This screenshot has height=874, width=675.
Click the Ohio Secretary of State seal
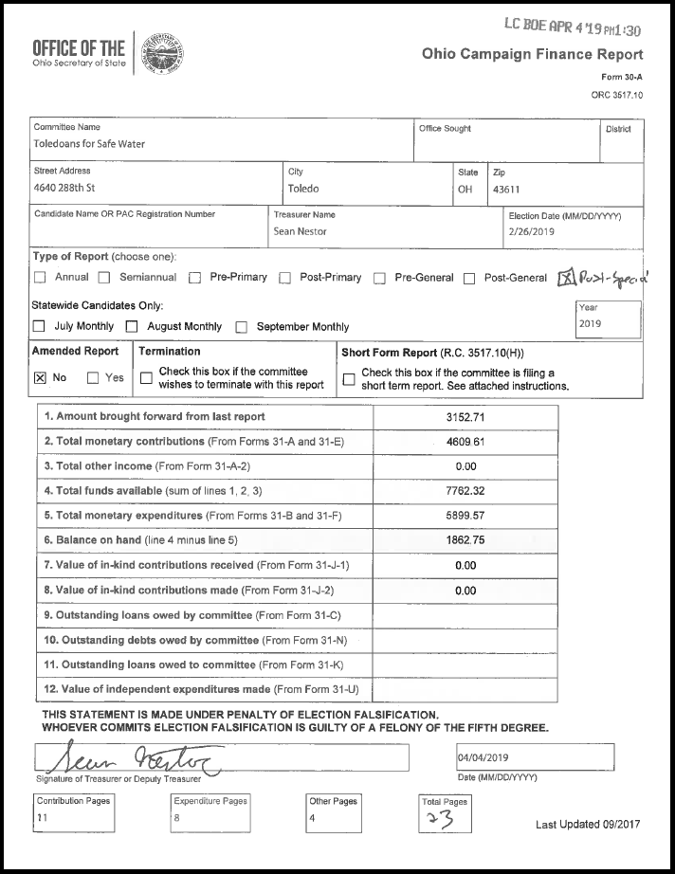[161, 54]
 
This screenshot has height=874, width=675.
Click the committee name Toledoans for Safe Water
[89, 145]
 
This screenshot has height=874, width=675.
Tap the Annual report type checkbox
[40, 278]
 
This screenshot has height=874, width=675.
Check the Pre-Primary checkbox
[194, 278]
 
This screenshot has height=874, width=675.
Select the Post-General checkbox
[469, 278]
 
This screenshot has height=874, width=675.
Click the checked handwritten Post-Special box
[565, 277]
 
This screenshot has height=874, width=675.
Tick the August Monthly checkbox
[133, 327]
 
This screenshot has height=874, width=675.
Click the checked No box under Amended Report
[40, 377]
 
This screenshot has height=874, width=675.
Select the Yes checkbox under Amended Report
[93, 377]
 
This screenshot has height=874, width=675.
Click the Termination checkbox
[146, 378]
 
